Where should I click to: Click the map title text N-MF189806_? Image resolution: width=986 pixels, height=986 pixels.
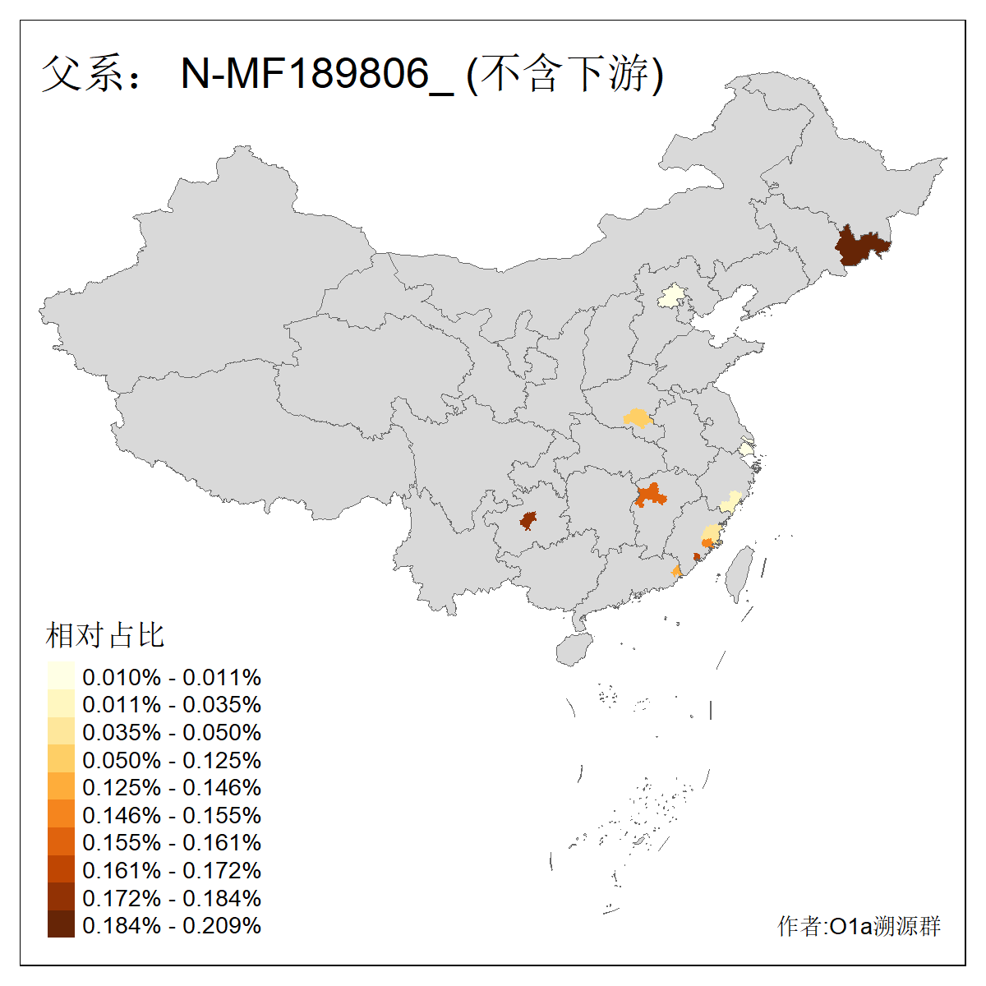(316, 74)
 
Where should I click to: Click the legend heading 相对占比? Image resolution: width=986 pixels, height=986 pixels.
(105, 635)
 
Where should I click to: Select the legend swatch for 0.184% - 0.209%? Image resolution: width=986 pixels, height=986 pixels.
(61, 924)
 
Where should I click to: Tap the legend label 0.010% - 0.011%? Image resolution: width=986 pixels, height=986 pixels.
(172, 677)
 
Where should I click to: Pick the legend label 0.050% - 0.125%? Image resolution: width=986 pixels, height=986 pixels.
(172, 760)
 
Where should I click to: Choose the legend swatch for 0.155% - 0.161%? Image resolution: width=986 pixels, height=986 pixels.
(61, 842)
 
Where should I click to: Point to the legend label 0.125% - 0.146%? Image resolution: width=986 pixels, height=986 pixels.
(172, 787)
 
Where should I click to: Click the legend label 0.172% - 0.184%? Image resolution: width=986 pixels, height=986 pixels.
(172, 897)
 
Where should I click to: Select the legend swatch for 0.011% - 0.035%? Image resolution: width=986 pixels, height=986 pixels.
(61, 704)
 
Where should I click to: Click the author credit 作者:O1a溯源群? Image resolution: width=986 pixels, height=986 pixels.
(859, 926)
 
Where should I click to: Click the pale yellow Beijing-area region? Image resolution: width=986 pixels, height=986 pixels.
(673, 296)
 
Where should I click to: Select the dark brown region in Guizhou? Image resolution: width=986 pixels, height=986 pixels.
(528, 520)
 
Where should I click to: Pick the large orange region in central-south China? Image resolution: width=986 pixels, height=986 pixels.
(650, 495)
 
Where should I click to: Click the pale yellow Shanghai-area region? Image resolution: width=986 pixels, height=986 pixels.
(745, 449)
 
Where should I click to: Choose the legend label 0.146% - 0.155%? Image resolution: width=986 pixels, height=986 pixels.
(172, 815)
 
